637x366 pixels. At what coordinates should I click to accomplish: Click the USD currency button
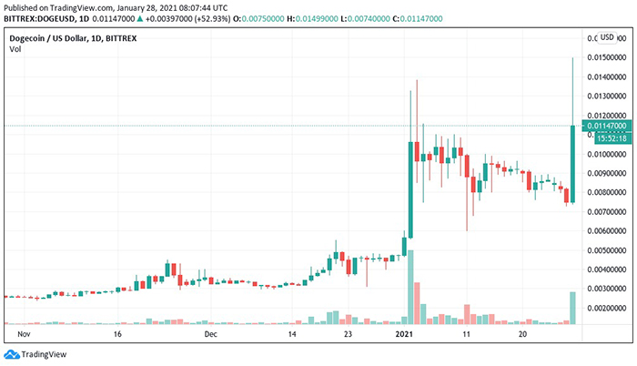607,37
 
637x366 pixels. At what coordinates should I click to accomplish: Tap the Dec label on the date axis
211,334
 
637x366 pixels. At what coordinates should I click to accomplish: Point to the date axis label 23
349,334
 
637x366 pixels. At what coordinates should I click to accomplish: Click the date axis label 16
118,334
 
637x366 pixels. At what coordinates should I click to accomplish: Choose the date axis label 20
521,334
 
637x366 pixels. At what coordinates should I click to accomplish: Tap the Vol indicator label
15,49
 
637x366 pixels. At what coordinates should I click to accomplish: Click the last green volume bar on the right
572,307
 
